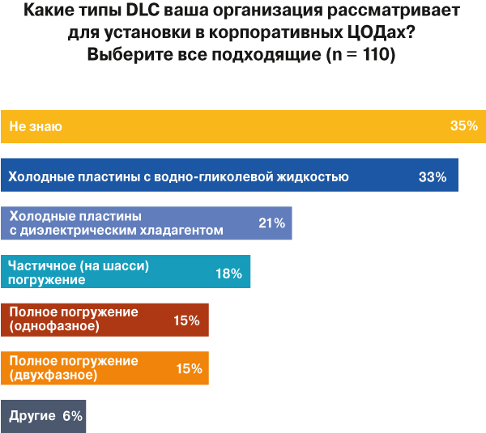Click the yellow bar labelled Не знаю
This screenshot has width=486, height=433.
tap(243, 126)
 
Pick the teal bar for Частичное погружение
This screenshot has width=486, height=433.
tap(126, 273)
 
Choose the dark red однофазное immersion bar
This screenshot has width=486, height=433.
tap(105, 320)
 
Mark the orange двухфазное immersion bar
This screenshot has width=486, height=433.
tap(105, 368)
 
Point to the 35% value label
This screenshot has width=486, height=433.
tap(463, 126)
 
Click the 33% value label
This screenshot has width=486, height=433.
tap(433, 176)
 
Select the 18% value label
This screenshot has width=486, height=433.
tap(228, 274)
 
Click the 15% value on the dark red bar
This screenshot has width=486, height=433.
tap(187, 321)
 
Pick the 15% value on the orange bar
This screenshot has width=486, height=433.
tap(188, 369)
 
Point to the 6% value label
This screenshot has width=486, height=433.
tap(72, 417)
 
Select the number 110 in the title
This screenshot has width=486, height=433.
tap(373, 57)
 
